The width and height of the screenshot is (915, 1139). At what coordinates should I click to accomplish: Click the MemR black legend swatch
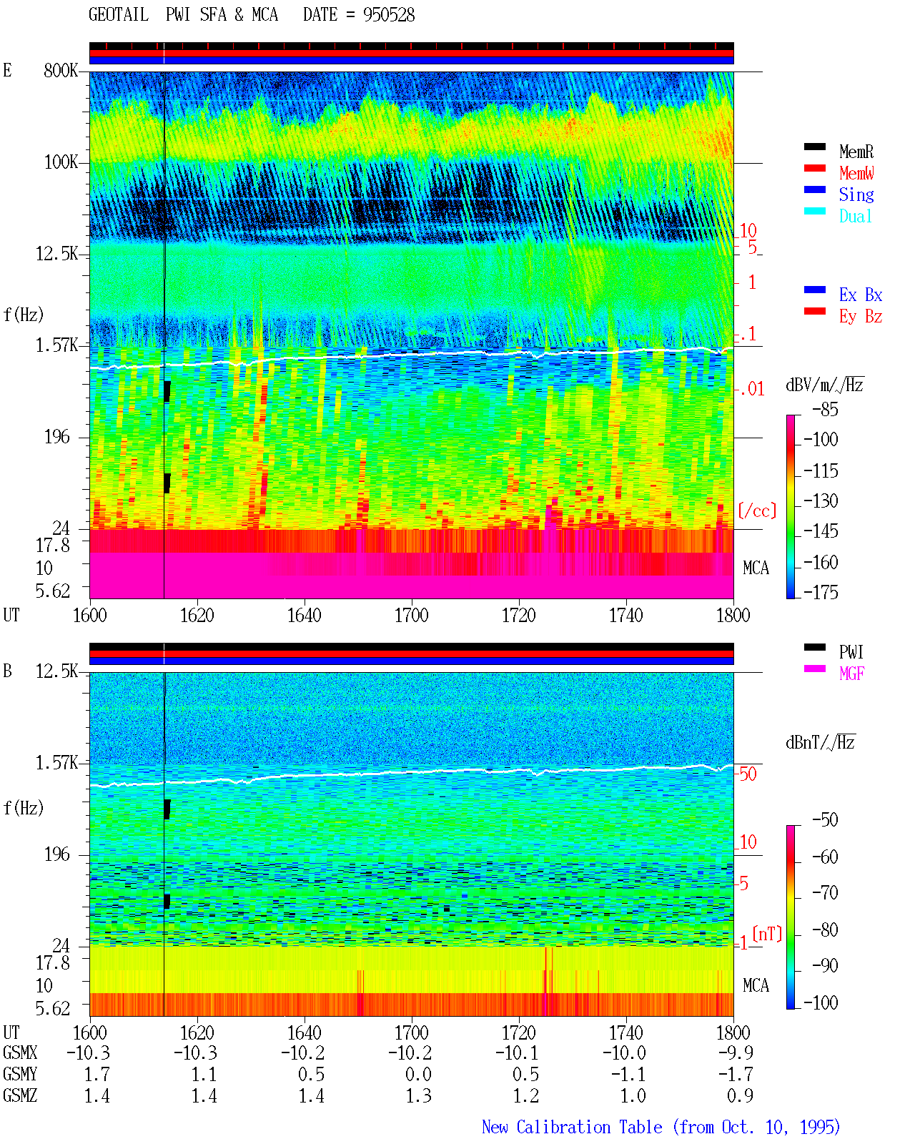click(814, 147)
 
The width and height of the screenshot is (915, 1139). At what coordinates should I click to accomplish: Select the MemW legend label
click(856, 173)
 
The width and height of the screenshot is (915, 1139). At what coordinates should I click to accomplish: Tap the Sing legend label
click(856, 194)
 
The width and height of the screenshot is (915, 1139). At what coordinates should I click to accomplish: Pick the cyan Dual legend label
click(855, 216)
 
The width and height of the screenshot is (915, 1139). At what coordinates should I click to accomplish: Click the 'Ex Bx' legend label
click(860, 295)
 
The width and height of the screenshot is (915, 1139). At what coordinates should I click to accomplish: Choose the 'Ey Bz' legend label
click(860, 316)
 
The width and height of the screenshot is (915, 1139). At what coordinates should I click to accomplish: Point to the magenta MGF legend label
click(851, 674)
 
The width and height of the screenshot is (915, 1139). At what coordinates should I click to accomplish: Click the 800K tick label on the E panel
click(61, 70)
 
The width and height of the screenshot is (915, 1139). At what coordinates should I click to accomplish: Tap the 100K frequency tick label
click(61, 162)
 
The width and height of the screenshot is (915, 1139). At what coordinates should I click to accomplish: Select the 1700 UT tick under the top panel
click(411, 615)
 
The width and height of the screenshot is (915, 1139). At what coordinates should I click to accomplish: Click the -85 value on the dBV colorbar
click(825, 409)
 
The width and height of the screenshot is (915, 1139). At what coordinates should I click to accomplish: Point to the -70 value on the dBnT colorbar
click(825, 893)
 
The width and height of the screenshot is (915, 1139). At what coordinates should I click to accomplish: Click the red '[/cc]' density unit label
click(757, 511)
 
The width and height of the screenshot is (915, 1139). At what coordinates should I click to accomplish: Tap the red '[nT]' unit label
click(767, 933)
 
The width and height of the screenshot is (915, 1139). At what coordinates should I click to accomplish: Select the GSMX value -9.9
click(736, 1052)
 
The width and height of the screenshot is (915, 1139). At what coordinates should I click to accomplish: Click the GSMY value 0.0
click(418, 1075)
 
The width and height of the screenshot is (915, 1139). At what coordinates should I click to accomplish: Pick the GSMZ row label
click(20, 1095)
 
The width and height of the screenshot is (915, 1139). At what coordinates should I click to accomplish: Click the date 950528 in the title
click(389, 15)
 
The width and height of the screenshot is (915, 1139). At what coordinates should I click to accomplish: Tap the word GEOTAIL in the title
click(119, 15)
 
